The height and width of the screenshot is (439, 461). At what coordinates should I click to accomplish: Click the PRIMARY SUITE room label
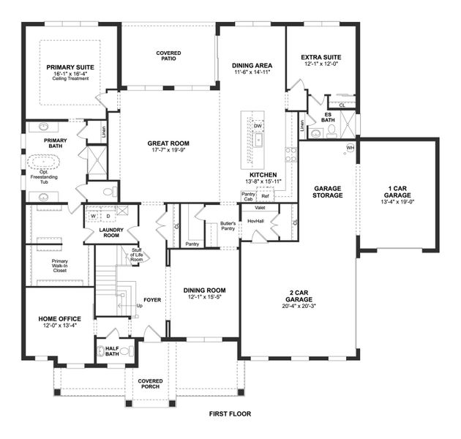tap(70, 67)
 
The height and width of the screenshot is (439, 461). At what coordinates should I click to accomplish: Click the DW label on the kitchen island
tap(258, 126)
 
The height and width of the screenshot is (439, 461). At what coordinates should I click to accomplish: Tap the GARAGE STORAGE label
tap(327, 192)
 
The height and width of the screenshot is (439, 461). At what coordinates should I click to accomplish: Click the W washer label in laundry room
tap(93, 216)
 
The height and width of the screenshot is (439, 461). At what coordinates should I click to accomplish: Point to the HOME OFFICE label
tap(59, 319)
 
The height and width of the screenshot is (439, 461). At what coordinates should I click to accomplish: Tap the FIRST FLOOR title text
tap(230, 414)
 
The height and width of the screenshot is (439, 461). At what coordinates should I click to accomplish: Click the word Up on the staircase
tap(140, 307)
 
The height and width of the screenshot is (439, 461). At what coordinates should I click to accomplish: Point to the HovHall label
tap(255, 220)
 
